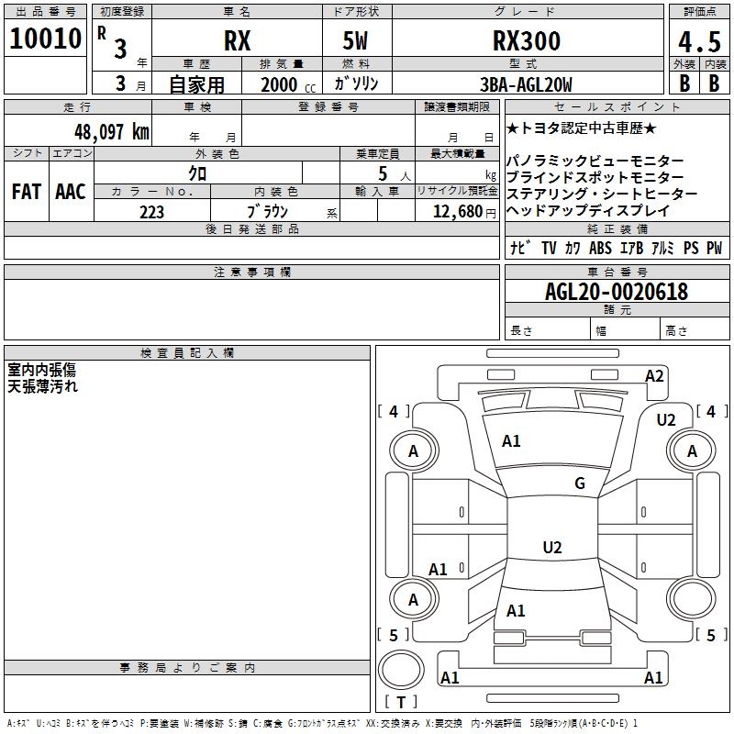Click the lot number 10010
coord(45,39)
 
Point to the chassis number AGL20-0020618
coord(616,292)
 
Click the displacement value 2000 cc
coord(281,84)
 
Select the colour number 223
coord(151,212)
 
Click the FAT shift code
coord(26,192)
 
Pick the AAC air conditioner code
coord(70,192)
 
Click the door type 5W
coord(358,41)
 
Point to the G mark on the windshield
coord(579,484)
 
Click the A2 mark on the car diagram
coord(654,375)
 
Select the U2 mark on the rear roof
coord(551,548)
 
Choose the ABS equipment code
coord(600,248)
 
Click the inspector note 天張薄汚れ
coord(43,386)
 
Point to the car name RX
coord(237,41)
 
